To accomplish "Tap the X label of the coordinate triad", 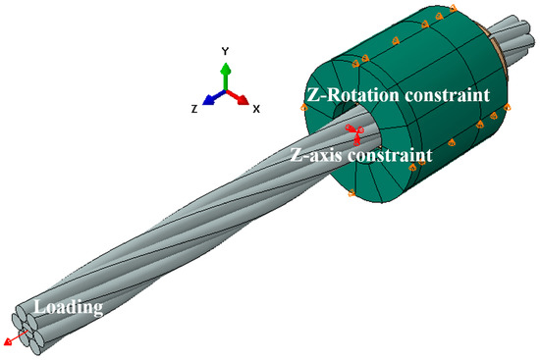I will (x=256, y=109).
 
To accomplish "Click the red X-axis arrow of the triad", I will (x=241, y=97).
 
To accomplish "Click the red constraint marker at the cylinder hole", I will (x=353, y=130).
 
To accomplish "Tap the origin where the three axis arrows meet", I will (x=227, y=91).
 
